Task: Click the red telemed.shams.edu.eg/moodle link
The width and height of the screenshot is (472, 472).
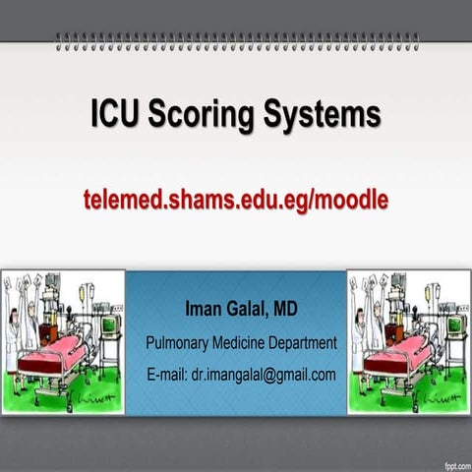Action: (x=236, y=200)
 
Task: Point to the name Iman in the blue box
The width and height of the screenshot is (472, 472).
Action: (x=206, y=311)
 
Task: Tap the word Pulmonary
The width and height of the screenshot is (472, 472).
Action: (x=180, y=343)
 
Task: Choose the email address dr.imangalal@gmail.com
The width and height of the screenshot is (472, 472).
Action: (x=263, y=375)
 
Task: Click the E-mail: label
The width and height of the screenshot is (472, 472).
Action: (x=165, y=375)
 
